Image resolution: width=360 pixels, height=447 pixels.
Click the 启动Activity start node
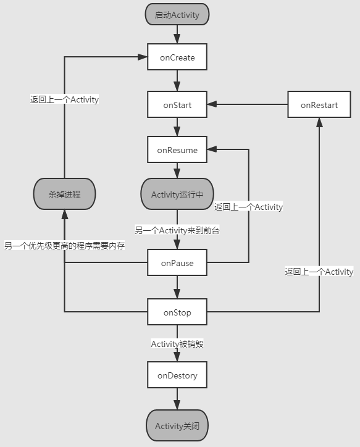coord(177,14)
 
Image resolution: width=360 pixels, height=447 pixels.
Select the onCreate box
coord(177,57)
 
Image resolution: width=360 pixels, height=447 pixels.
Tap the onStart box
coord(177,104)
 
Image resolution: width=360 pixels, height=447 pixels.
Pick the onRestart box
coord(319,104)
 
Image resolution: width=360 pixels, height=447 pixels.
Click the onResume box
coord(177,149)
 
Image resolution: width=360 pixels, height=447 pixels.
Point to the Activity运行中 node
coord(177,194)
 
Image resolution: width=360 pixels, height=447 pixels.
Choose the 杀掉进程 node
coord(64,194)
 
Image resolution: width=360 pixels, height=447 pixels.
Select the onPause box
coord(177,262)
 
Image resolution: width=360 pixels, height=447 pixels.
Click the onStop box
coord(177,312)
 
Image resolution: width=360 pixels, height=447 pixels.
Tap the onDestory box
coord(177,375)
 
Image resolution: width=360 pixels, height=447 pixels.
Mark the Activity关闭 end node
coord(177,425)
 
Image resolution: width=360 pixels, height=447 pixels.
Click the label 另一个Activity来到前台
coord(177,230)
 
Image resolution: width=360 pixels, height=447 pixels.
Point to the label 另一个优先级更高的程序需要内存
coord(64,246)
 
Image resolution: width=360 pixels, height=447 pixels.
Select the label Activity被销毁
coord(177,344)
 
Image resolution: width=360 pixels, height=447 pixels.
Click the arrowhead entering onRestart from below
coord(319,122)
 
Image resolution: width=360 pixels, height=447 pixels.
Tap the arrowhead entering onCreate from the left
coord(142,57)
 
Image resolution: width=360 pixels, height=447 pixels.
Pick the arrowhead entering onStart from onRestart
coord(212,104)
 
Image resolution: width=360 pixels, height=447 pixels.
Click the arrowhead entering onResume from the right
coord(212,149)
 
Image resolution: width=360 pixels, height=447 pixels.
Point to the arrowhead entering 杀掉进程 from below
coord(65,214)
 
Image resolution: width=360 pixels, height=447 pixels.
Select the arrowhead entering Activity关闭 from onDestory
coord(177,405)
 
